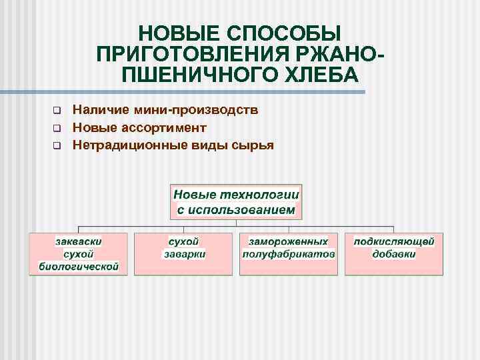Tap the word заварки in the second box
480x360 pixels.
pyautogui.click(x=183, y=254)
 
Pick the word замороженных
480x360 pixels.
pyautogui.click(x=289, y=241)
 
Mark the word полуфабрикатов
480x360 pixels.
pyautogui.click(x=289, y=254)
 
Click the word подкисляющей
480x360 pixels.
pyautogui.click(x=394, y=241)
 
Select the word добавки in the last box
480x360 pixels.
pyautogui.click(x=394, y=254)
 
